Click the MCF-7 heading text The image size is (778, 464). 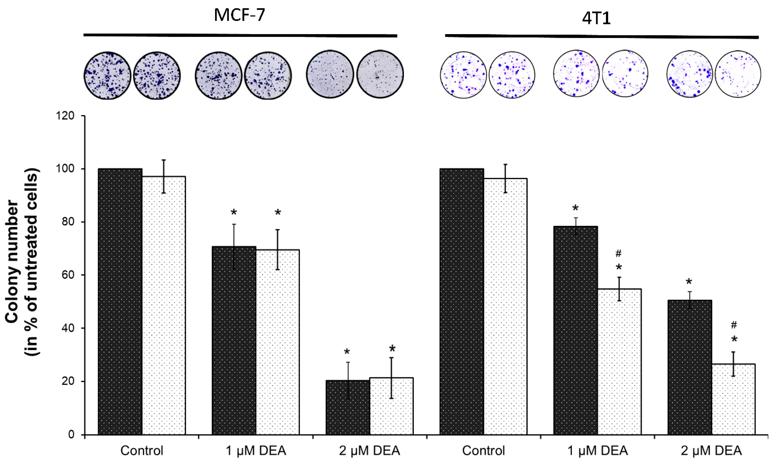click(x=240, y=15)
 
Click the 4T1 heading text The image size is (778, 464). click(x=596, y=19)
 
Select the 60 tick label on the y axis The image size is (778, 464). click(x=67, y=275)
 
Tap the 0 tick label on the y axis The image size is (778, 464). click(x=72, y=435)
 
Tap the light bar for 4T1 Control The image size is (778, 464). click(x=505, y=306)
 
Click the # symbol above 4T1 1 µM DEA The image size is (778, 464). click(x=619, y=254)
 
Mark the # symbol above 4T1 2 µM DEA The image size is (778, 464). click(x=734, y=325)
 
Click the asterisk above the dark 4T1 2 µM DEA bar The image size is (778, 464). click(x=689, y=282)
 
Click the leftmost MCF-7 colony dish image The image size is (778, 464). click(x=107, y=75)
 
